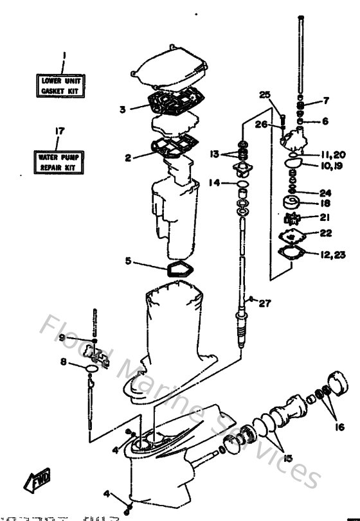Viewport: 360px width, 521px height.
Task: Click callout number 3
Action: pyautogui.click(x=122, y=109)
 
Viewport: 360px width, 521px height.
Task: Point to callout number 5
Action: pyautogui.click(x=129, y=261)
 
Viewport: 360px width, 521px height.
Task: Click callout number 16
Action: pyautogui.click(x=339, y=426)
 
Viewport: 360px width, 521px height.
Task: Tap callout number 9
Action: pyautogui.click(x=62, y=337)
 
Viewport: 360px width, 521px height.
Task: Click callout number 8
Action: pyautogui.click(x=64, y=362)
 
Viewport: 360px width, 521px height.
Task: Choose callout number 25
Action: pyautogui.click(x=265, y=95)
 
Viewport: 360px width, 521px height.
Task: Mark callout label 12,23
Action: pyautogui.click(x=331, y=255)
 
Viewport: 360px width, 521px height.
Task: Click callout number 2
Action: pyautogui.click(x=129, y=157)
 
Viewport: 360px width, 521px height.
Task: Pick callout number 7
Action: pyautogui.click(x=326, y=100)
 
